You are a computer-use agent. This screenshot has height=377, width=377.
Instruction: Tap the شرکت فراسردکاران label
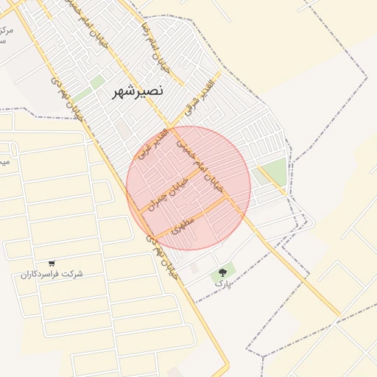[x=52, y=274]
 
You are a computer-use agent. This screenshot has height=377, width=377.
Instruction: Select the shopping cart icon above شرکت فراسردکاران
[x=51, y=263]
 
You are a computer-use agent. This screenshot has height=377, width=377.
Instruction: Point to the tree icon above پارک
[x=223, y=272]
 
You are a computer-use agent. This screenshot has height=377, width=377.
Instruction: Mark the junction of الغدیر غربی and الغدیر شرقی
[x=171, y=125]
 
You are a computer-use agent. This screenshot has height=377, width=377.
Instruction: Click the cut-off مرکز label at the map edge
[x=5, y=30]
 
